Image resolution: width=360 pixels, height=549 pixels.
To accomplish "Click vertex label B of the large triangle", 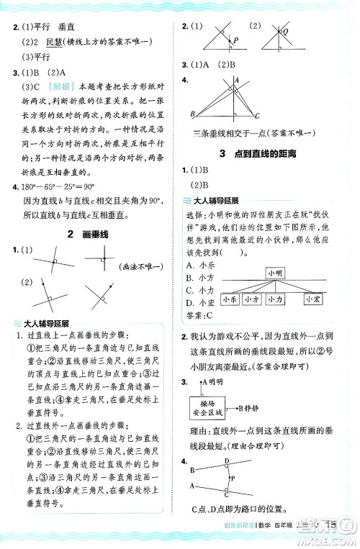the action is click(192, 114).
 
